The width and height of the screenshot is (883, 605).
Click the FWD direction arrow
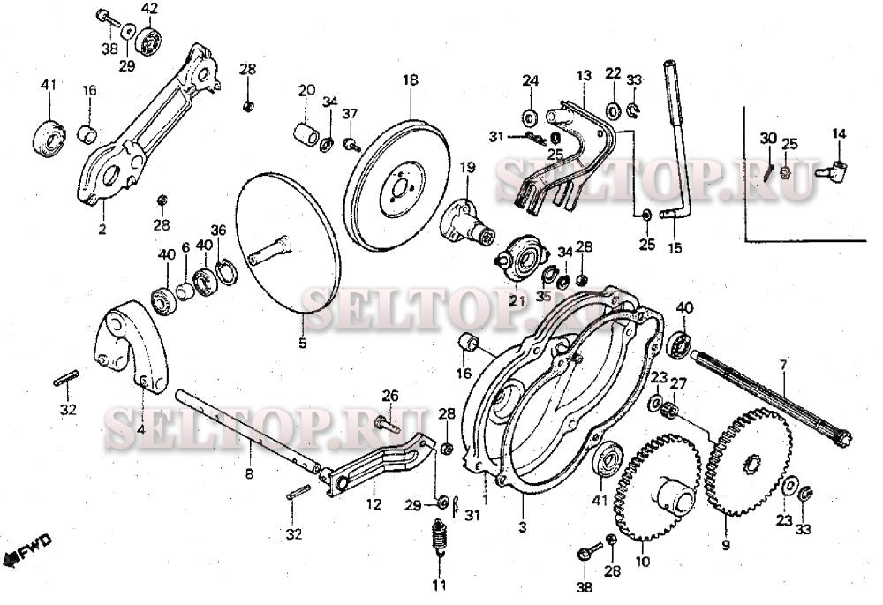click(x=27, y=550)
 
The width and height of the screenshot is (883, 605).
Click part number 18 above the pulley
click(x=411, y=80)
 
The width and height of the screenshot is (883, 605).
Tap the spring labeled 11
click(x=439, y=540)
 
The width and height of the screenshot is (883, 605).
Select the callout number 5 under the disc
click(x=302, y=343)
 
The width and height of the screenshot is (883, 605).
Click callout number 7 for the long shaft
click(x=782, y=367)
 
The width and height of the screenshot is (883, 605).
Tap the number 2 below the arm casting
click(x=102, y=229)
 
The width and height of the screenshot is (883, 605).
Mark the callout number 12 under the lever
click(x=374, y=504)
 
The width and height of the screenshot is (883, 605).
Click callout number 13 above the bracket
click(x=584, y=75)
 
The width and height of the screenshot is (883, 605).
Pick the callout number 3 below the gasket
click(x=523, y=527)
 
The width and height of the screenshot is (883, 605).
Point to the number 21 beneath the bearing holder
click(x=517, y=300)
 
